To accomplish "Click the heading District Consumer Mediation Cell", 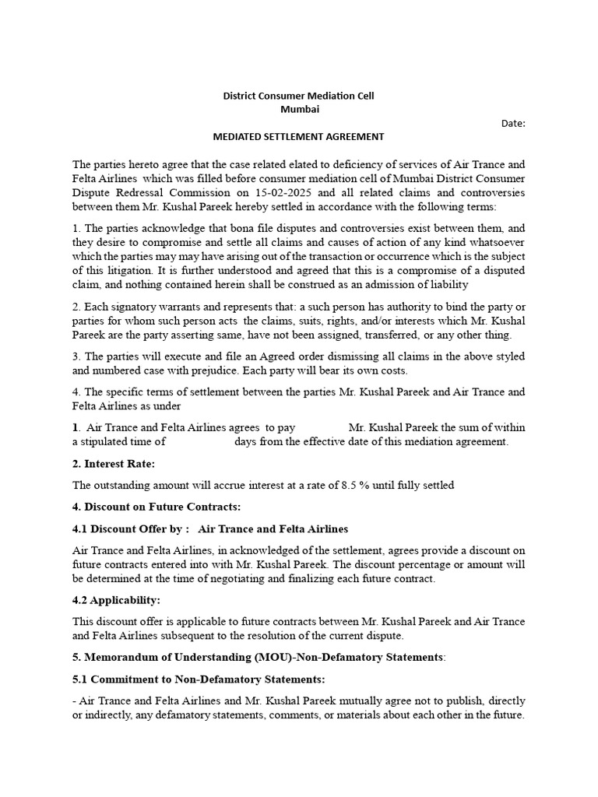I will click(299, 97).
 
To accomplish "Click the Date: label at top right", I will click(513, 123).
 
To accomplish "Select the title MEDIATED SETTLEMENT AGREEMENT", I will click(299, 137).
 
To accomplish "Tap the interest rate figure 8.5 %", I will click(356, 485).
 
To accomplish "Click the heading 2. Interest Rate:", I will click(114, 464).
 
